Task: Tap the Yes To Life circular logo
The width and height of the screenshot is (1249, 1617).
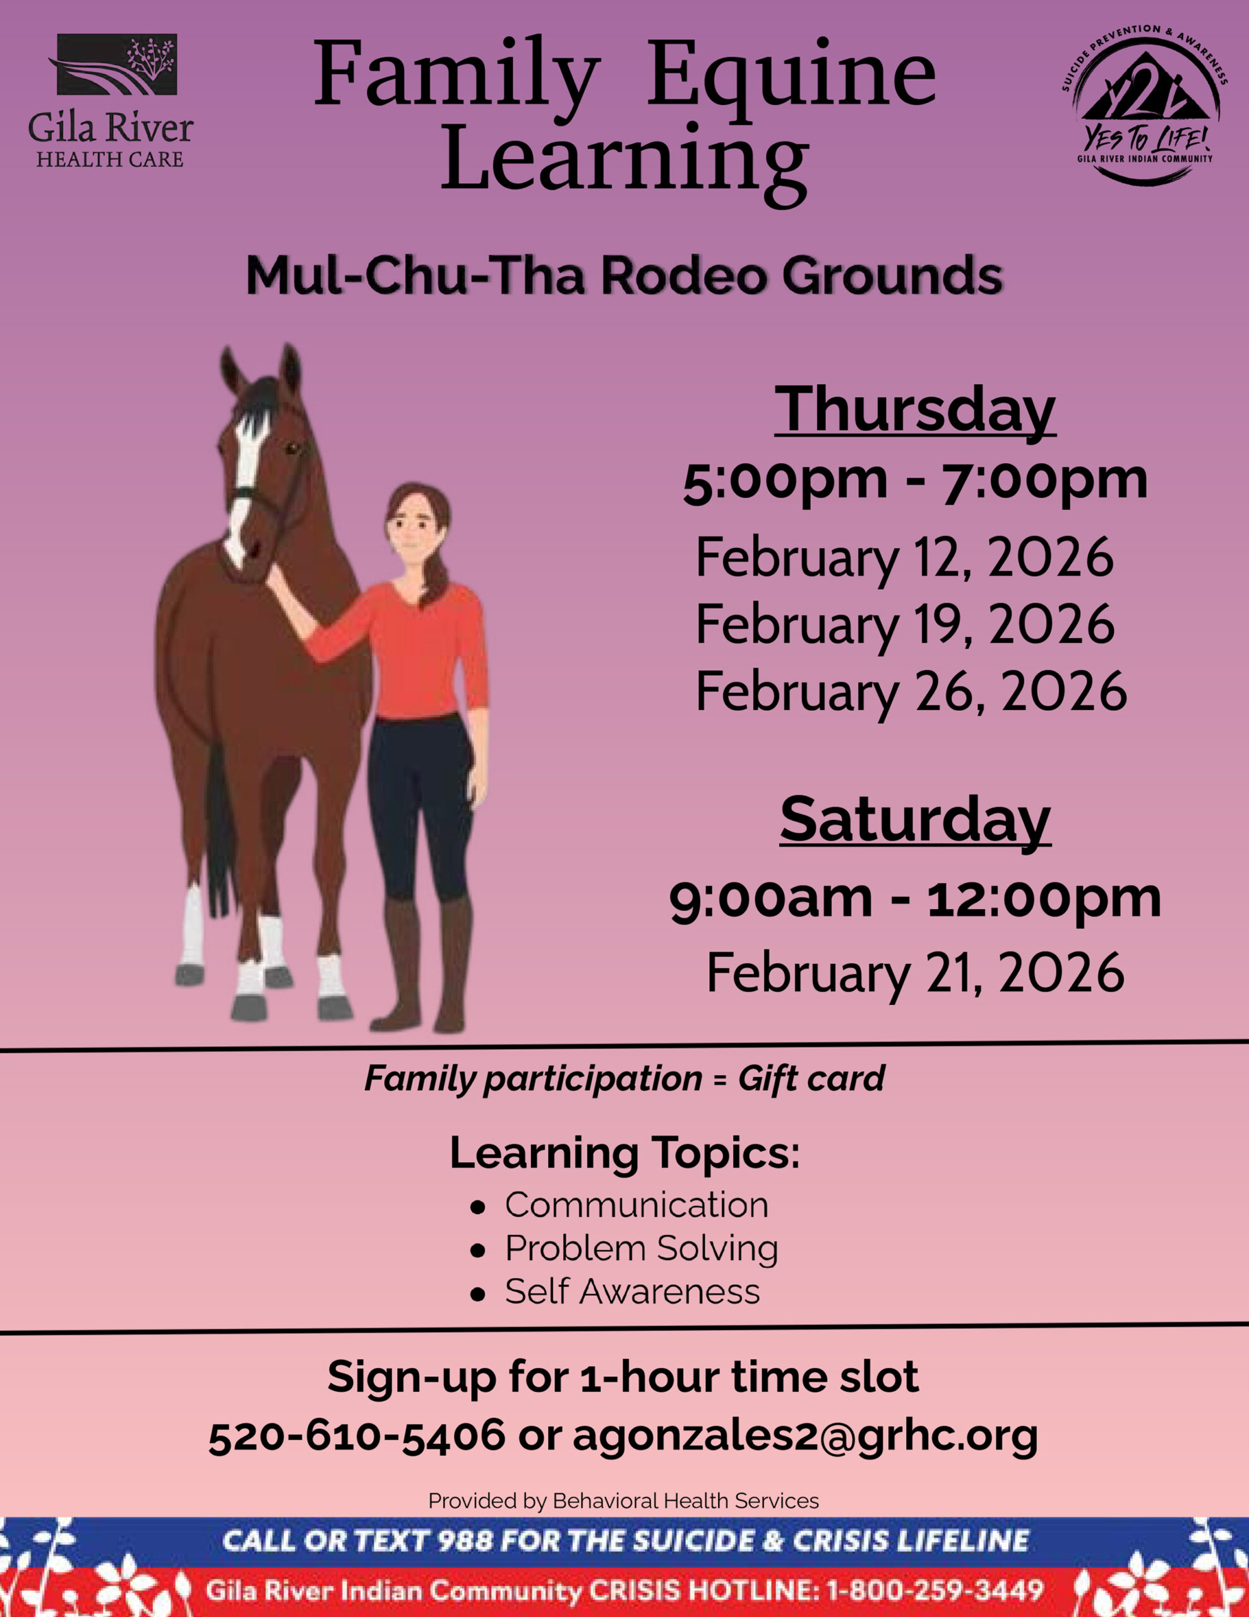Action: (1145, 104)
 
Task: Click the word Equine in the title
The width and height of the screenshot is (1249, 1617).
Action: (791, 77)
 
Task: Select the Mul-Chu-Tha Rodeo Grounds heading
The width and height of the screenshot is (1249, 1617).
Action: (624, 275)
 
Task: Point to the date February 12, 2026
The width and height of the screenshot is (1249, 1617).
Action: (904, 558)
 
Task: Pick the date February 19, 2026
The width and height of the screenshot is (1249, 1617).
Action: (905, 624)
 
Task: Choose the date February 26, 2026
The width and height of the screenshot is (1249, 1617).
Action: (911, 692)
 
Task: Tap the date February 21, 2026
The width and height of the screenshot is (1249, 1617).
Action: (915, 973)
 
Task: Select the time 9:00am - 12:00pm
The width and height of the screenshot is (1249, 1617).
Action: (915, 899)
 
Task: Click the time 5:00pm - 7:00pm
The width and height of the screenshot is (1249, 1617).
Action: (915, 481)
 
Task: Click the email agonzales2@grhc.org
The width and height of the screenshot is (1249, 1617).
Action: (806, 1436)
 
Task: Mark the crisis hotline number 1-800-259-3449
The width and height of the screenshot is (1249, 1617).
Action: (935, 1590)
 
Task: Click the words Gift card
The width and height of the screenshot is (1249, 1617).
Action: (811, 1079)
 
